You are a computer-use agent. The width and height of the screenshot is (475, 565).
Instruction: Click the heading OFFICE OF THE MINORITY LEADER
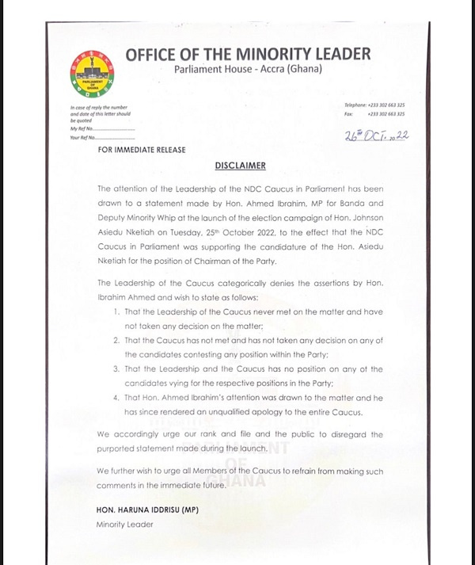tap(248, 54)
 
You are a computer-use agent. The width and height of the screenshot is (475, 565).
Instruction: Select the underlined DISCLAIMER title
tap(240, 166)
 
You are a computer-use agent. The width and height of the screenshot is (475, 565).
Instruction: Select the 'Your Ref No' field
tap(103, 139)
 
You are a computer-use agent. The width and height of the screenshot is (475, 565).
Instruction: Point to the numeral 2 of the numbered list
tap(116, 340)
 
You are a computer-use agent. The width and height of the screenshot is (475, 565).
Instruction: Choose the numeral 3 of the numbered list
tap(116, 368)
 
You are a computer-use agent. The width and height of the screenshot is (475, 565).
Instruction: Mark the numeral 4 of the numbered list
tap(116, 398)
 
